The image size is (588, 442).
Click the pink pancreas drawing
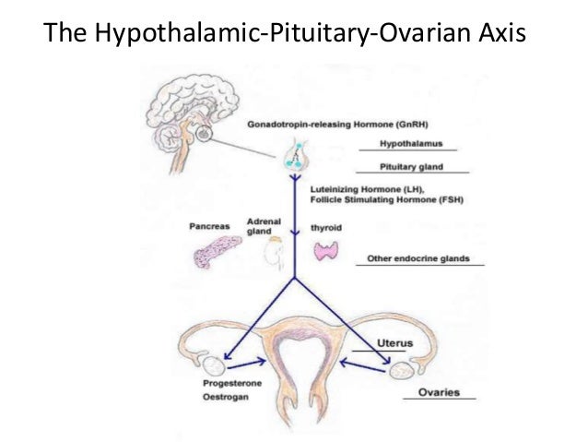(217, 251)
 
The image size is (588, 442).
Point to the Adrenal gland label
(265, 227)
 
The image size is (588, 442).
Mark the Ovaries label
(439, 392)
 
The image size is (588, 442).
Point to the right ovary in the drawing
(401, 370)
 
